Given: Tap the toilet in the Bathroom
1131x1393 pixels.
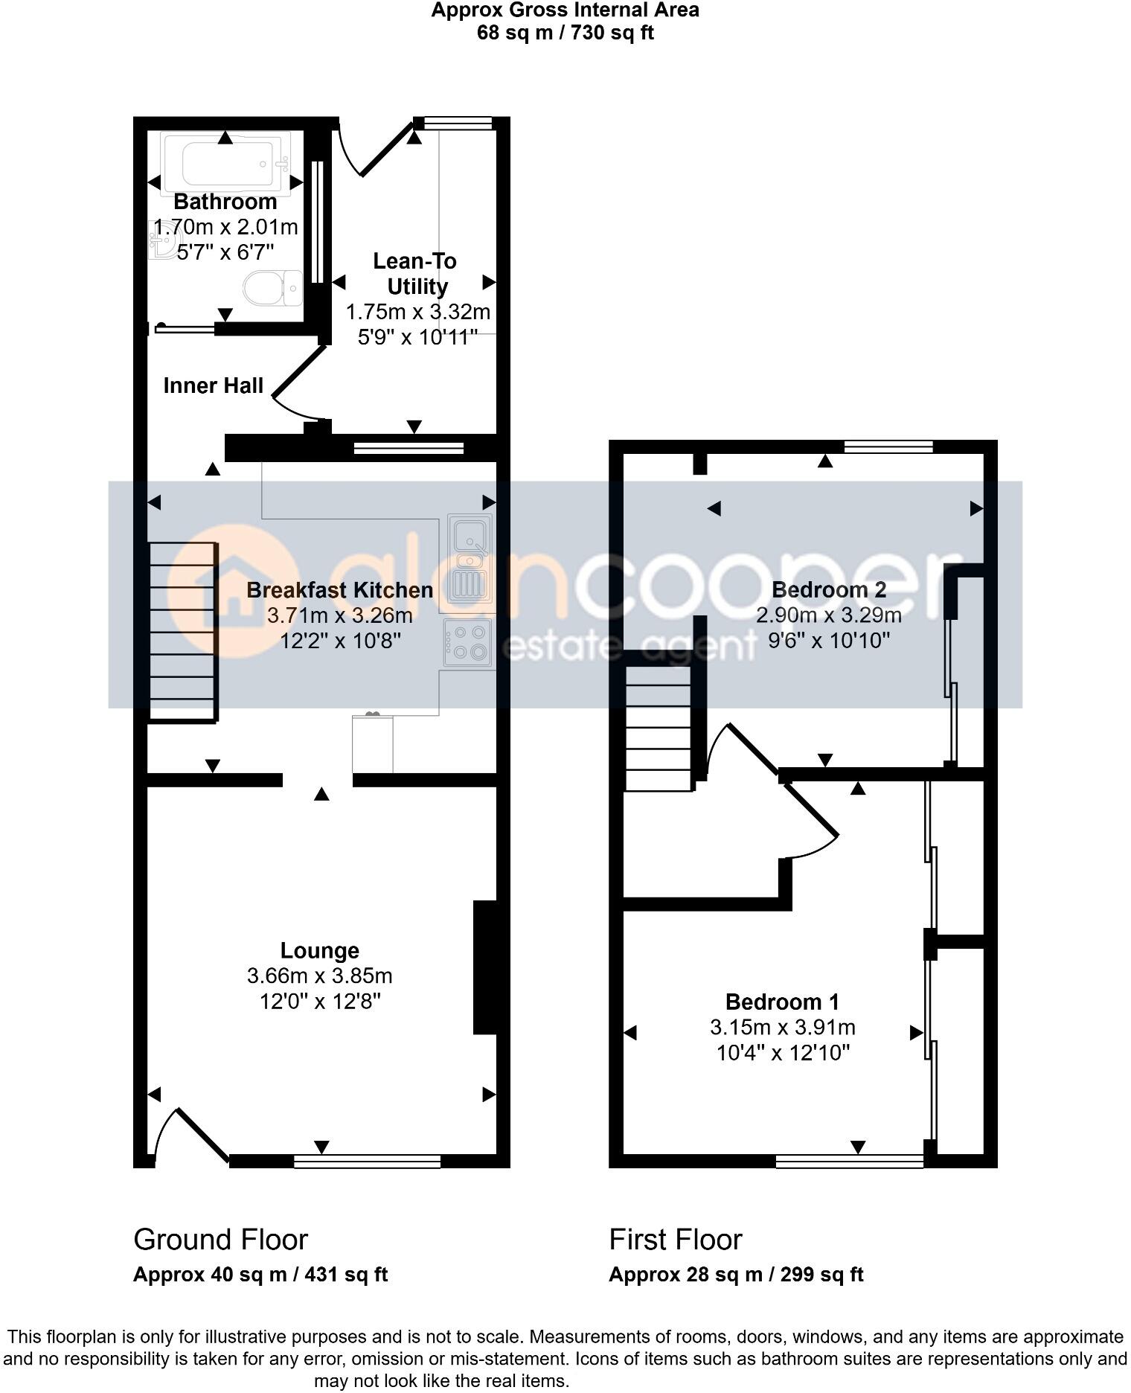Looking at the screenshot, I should coord(271,288).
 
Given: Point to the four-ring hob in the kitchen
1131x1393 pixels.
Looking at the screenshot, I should coord(467,642).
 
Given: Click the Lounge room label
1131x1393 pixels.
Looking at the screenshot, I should coord(320,950).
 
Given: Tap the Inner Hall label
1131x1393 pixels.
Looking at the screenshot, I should coord(214,385).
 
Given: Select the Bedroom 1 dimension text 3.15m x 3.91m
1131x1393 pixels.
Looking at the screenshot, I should coord(782,1028).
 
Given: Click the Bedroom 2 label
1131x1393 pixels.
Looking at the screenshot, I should coord(829,590).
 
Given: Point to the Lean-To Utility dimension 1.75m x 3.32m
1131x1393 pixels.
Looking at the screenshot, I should coord(417,312).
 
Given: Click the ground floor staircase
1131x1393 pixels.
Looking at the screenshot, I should coord(183,631).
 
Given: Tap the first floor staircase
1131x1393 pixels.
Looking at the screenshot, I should coord(659,728).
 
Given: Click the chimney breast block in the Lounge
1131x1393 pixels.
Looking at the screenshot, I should coord(485,967).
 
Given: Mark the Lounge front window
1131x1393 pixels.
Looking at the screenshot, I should coord(367,1161).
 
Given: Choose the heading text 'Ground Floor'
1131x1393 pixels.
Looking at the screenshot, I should coord(220,1240).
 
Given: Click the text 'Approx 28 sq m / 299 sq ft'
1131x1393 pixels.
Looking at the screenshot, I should coord(736,1275).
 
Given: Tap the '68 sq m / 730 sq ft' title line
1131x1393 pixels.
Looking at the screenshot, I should coord(565,33).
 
